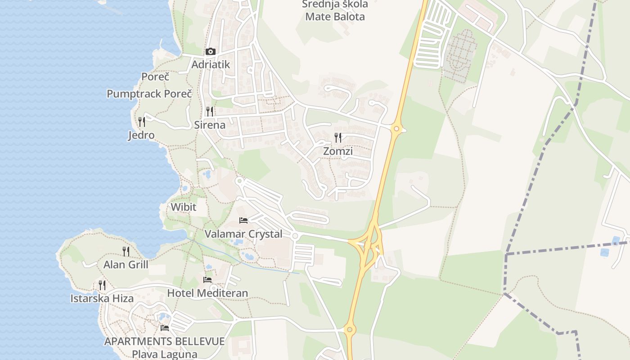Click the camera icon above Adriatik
(x=210, y=52)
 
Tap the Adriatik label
(x=211, y=64)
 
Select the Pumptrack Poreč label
(x=149, y=94)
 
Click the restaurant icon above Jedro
(x=142, y=121)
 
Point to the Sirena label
(x=210, y=125)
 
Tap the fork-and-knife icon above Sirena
(x=210, y=111)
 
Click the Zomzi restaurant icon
(x=338, y=138)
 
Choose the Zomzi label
(x=338, y=151)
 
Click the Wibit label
(x=184, y=207)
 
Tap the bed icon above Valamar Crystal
(x=243, y=220)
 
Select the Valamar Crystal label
(x=243, y=234)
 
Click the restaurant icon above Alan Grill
(x=126, y=251)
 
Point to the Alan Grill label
(x=126, y=265)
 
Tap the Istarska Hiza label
(x=102, y=298)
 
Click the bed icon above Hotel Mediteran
(x=207, y=279)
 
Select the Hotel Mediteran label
(x=207, y=293)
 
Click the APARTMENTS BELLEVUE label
(x=165, y=341)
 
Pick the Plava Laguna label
(x=165, y=354)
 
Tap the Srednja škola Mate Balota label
(x=335, y=10)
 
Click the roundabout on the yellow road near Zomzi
(x=396, y=129)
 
